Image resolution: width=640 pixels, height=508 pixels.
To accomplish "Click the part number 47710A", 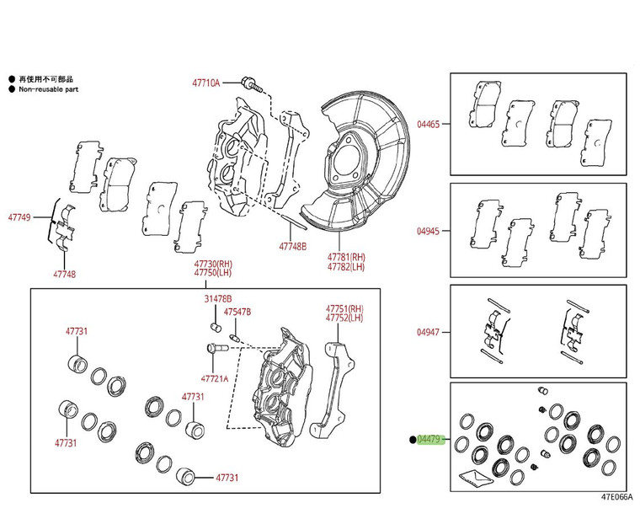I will [x=205, y=83].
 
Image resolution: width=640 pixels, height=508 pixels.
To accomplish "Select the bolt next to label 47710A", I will [x=251, y=83].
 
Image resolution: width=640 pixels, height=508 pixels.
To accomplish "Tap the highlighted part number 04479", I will [x=429, y=439].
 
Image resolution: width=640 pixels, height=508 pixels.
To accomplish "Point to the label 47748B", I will [x=293, y=247].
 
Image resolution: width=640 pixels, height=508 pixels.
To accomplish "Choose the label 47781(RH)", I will [x=347, y=257].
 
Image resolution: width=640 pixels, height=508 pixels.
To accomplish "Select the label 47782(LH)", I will [x=347, y=268].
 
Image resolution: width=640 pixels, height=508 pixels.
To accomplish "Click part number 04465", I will [x=428, y=124].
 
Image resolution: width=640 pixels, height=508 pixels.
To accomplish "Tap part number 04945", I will [x=428, y=230].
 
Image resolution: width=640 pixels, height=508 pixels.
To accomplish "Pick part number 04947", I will [x=428, y=332].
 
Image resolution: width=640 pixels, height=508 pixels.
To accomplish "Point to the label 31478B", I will [x=217, y=299].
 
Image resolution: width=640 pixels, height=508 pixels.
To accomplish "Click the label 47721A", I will [x=214, y=378].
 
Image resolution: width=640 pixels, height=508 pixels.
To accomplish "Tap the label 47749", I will [x=19, y=217].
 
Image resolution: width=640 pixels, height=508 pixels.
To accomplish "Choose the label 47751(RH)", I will [x=344, y=308].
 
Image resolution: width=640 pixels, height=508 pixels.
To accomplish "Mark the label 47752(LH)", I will [x=344, y=318].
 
